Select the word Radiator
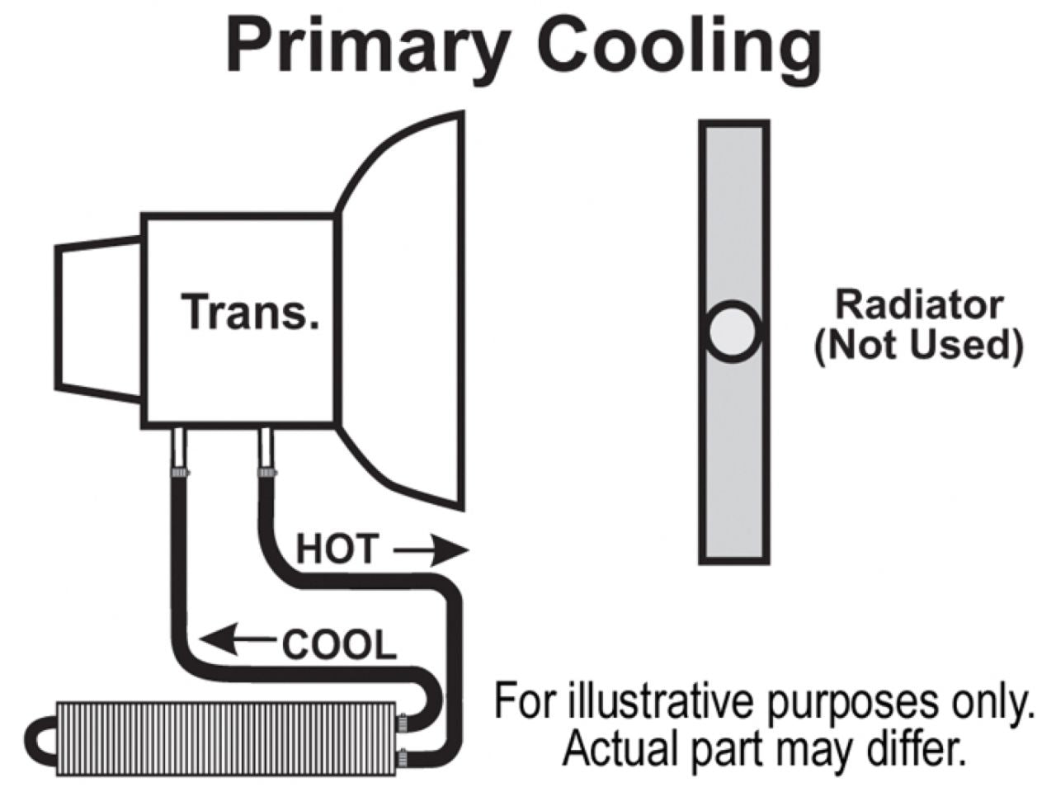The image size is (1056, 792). tap(919, 304)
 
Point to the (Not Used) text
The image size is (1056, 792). tap(918, 344)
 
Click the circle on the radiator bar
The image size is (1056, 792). tap(733, 331)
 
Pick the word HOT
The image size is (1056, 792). tap(337, 549)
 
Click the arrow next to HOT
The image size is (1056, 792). tap(430, 550)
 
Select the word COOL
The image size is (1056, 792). tap(339, 644)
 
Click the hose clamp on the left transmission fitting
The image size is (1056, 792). tap(179, 473)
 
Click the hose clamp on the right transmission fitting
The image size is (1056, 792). tap(266, 473)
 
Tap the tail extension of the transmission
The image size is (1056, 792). tap(97, 318)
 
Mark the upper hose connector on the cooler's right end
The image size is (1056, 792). tap(402, 721)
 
